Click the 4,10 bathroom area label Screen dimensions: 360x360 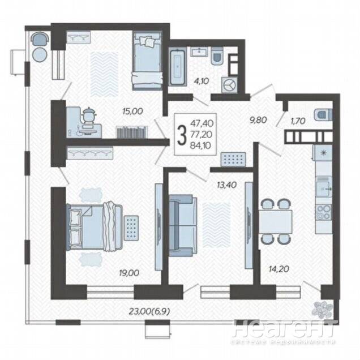pos(201,81)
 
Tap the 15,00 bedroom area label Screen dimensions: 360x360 pos(132,112)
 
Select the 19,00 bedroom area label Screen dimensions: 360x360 pos(129,273)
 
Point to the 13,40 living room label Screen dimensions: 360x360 pos(226,185)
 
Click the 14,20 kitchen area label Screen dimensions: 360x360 pos(278,269)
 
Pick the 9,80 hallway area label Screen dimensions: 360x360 pos(258,120)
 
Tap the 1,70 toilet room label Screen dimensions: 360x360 pos(298,121)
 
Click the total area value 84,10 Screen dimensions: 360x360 pos(201,146)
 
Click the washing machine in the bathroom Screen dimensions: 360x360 pos(229,85)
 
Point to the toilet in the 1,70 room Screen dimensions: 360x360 pos(324,114)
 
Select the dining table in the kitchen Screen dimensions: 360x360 pos(276,222)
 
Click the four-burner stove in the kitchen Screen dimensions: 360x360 pos(324,212)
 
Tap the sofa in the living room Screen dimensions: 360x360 pos(183,225)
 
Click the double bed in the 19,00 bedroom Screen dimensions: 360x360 pos(94,226)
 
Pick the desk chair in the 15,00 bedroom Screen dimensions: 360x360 pos(88,115)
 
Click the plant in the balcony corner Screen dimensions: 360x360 pos(322,308)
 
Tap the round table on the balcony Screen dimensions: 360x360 pos(40,54)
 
